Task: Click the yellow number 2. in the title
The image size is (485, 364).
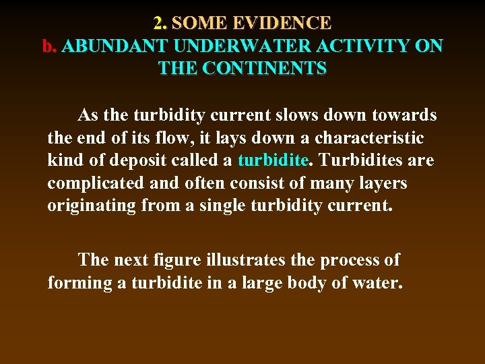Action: click(x=160, y=24)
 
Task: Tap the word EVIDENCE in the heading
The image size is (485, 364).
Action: click(x=283, y=24)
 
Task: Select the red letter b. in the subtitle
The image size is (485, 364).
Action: click(x=48, y=47)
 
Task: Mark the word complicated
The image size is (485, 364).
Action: click(x=91, y=184)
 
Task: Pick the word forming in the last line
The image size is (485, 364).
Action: click(x=79, y=282)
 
